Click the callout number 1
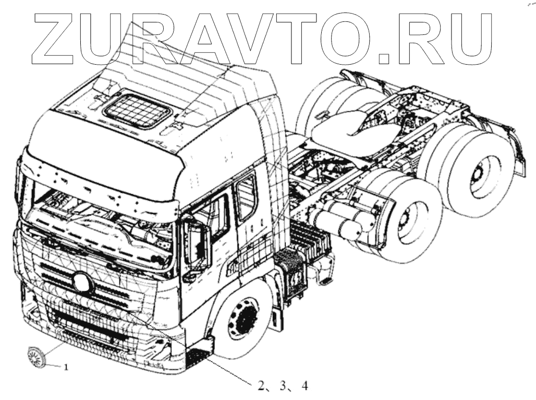pos(66,367)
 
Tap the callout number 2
pos(261,386)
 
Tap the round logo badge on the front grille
pos(83,283)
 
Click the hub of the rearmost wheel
pos(477,177)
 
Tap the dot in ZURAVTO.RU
pos(385,58)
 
